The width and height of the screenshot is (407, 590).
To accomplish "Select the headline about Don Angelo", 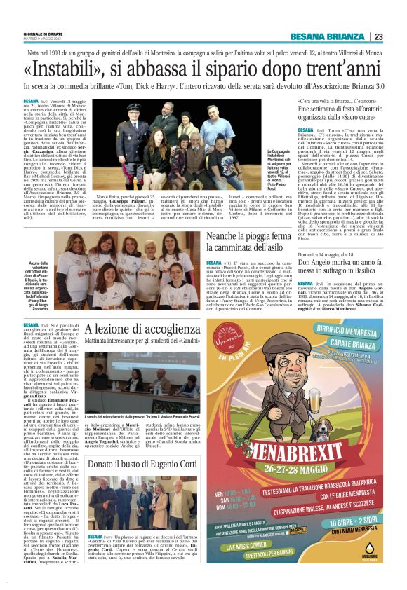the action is (x=341, y=261).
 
